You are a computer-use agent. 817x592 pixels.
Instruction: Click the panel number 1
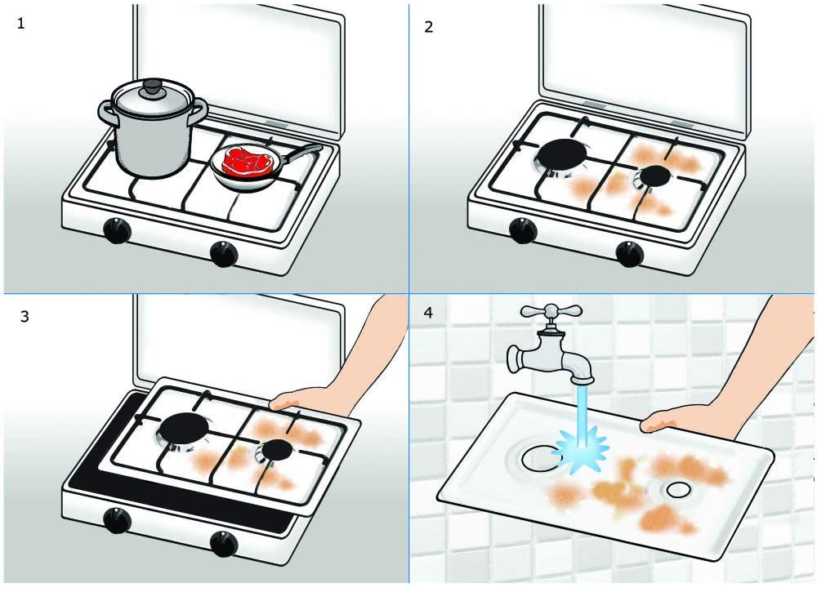click(21, 23)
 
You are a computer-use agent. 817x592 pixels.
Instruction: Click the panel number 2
click(429, 27)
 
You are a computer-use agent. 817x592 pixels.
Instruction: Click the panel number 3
click(24, 315)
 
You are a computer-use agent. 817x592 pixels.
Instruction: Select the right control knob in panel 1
click(223, 254)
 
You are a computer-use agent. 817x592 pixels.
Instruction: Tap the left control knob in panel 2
click(523, 231)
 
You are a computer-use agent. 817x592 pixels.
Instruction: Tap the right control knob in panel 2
click(629, 254)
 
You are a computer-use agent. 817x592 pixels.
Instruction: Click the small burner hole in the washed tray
click(676, 490)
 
